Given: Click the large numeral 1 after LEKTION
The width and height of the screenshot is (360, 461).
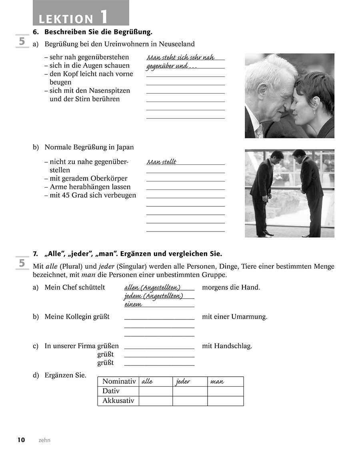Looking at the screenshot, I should point(103,17).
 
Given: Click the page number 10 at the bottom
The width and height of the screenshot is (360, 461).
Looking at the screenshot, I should point(21,440).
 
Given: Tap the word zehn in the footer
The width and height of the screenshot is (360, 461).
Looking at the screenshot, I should point(44,440).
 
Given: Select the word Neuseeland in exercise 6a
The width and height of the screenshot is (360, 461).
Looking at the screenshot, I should point(176,44).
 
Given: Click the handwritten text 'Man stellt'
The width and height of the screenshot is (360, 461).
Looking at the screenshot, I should point(162,162).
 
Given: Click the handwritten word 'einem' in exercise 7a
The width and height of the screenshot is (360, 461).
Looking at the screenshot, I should point(133,304).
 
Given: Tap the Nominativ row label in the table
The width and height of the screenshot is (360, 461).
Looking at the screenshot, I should point(119,381).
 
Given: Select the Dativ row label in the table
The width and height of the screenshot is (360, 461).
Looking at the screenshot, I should point(111,391).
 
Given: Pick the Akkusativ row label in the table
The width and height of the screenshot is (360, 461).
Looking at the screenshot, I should point(118,401).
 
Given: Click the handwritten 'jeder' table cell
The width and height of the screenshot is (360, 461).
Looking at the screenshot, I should point(183,382).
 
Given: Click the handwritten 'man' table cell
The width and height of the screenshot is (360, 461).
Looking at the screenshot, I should point(217,382).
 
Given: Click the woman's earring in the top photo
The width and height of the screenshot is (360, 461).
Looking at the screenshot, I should point(314,112).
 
